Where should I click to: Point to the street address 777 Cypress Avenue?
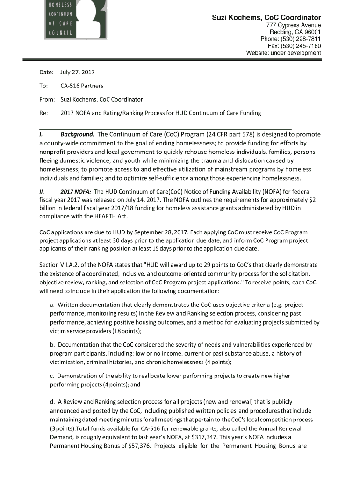tap(293, 25)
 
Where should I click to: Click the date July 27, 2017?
tap(78, 73)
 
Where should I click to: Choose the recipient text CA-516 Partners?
tap(82, 86)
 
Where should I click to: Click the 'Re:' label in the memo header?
tap(44, 113)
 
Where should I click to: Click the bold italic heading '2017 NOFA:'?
tap(76, 192)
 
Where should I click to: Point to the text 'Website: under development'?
tap(283, 53)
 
